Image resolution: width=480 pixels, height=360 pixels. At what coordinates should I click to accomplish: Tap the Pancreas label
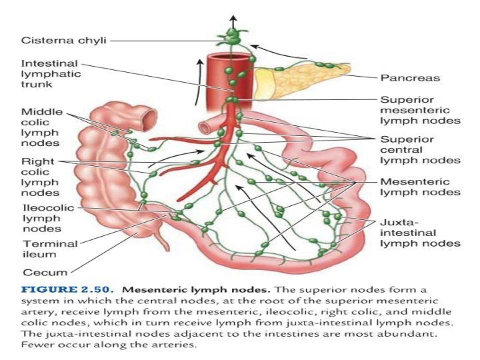pyautogui.click(x=409, y=78)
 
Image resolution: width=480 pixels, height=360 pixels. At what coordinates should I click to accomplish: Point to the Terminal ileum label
pyautogui.click(x=49, y=249)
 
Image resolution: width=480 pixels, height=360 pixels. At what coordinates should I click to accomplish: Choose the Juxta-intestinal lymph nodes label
pyautogui.click(x=419, y=233)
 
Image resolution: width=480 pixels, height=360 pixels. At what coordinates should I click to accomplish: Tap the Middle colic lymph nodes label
pyautogui.click(x=41, y=127)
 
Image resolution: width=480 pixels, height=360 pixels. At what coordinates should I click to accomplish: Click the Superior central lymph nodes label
pyautogui.click(x=419, y=150)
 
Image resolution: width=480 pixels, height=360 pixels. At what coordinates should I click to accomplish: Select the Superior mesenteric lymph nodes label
pyautogui.click(x=419, y=110)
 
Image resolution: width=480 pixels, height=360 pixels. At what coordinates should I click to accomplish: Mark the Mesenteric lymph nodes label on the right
pyautogui.click(x=419, y=187)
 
